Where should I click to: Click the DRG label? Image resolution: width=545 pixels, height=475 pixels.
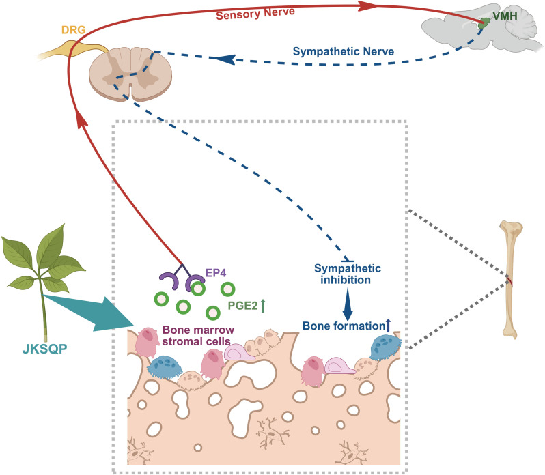tap(73, 30)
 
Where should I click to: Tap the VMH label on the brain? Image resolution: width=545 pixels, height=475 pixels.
tap(505, 16)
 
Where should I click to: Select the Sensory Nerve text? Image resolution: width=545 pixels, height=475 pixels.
tap(255, 13)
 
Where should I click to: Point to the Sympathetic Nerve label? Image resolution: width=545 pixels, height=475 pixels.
tap(344, 51)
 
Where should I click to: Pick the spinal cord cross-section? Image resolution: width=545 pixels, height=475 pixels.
tap(130, 73)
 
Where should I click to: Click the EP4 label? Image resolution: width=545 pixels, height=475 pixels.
tap(216, 273)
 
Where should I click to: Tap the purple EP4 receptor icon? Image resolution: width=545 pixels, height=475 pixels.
tap(182, 276)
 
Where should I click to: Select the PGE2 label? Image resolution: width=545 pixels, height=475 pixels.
tap(242, 306)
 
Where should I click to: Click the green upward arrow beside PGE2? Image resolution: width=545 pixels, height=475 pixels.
tap(263, 306)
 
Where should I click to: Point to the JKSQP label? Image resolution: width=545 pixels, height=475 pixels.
tap(44, 349)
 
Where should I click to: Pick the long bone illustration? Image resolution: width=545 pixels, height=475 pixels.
tap(510, 280)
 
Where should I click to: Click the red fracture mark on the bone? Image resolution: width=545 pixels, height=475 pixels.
tap(509, 281)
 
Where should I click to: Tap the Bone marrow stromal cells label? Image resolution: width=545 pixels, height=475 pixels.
tap(198, 335)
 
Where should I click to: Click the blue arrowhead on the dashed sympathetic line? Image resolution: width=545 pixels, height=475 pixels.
tap(225, 59)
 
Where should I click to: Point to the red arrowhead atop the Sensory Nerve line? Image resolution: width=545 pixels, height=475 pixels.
tap(367, 5)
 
